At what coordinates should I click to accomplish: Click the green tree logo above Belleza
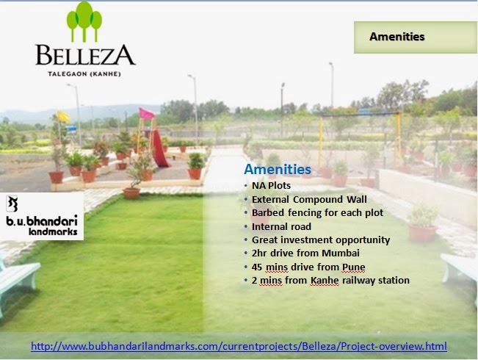click(84, 22)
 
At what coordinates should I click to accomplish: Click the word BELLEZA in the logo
click(85, 55)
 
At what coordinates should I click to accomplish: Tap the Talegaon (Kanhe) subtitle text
click(84, 74)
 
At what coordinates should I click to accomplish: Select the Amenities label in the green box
click(397, 37)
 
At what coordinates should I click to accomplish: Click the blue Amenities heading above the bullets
click(278, 169)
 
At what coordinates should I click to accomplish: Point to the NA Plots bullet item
click(271, 185)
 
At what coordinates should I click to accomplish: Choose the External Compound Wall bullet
click(309, 200)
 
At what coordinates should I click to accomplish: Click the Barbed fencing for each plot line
click(317, 212)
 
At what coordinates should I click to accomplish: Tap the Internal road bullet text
click(281, 227)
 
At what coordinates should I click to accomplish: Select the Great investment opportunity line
click(321, 240)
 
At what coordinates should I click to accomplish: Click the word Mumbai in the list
click(341, 253)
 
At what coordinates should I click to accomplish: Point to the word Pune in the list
click(354, 267)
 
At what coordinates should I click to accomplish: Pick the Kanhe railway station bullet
click(330, 281)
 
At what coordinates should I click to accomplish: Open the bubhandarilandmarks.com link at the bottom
click(239, 346)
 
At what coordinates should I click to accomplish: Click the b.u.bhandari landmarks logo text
click(42, 225)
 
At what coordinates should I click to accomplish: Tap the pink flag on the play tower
click(146, 114)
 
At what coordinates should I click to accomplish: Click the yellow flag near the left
click(63, 117)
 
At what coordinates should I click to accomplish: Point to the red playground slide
click(159, 148)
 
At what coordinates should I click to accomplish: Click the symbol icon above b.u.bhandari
click(12, 204)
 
